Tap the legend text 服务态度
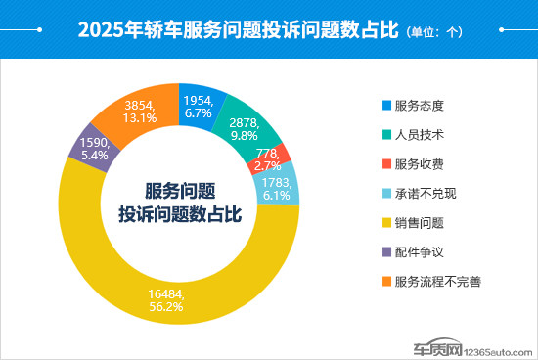[x=422, y=105]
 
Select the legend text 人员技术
[x=422, y=134]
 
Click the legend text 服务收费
[x=422, y=163]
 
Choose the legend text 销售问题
[x=422, y=222]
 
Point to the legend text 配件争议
[x=422, y=251]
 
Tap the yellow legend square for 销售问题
[x=385, y=222]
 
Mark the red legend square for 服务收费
[x=385, y=163]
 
